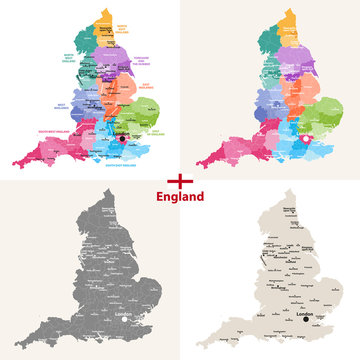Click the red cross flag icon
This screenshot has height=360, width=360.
[x=180, y=180]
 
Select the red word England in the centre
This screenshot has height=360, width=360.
[x=180, y=197]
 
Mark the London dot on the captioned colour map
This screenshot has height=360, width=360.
[x=123, y=140]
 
